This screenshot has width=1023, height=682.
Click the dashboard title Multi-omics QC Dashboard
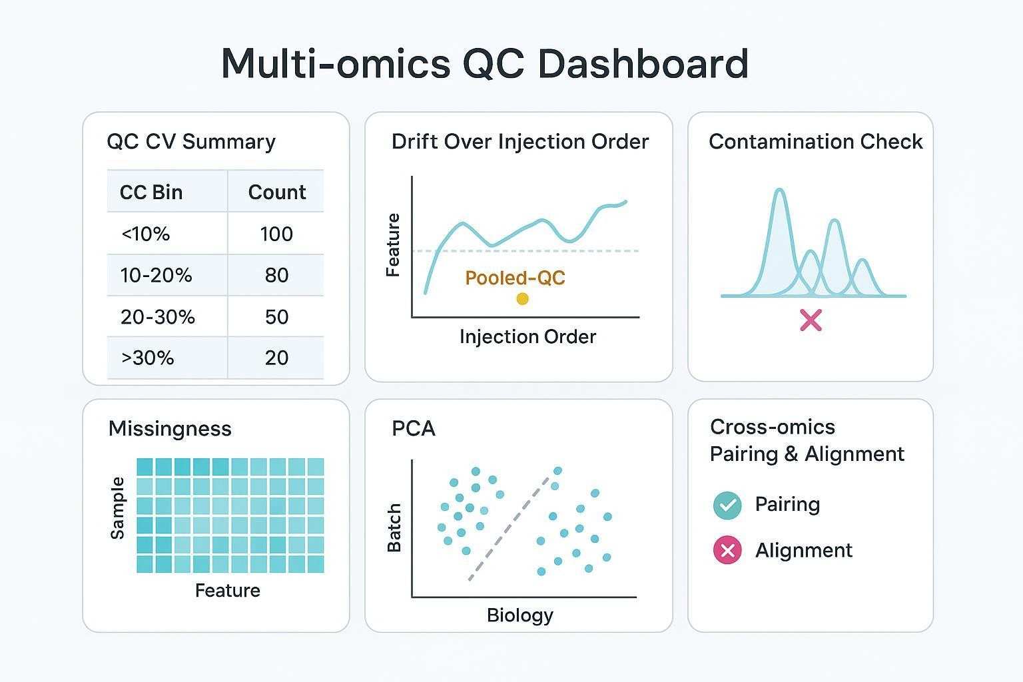[x=484, y=64]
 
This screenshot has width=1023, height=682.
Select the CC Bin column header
[x=151, y=192]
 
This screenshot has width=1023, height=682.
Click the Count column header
[x=277, y=192]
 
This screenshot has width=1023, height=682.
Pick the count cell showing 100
[x=276, y=234]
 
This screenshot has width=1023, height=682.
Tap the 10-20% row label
[x=157, y=276]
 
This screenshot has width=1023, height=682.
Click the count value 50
[x=276, y=317]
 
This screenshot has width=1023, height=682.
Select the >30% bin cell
[x=148, y=358]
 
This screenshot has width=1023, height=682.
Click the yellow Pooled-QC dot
[x=522, y=299]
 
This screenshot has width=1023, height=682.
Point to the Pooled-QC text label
[x=515, y=278]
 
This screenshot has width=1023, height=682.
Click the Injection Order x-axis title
[x=527, y=337]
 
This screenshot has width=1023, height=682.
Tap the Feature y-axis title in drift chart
[x=393, y=245]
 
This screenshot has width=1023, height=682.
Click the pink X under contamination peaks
[x=811, y=320]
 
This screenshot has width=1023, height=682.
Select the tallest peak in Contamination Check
[x=779, y=200]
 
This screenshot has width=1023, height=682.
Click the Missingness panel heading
[x=170, y=428]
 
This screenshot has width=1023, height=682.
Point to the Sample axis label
[x=117, y=508]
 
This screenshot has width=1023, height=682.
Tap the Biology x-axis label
[x=519, y=615]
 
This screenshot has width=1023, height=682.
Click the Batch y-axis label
[x=394, y=527]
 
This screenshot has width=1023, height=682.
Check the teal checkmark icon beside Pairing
[x=727, y=506]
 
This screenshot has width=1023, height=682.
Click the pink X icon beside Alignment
[x=727, y=551]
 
